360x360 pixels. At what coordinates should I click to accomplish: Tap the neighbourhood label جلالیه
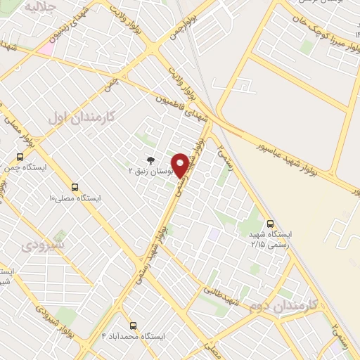[41, 6]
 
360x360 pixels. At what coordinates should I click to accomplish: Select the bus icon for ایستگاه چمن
[20, 157]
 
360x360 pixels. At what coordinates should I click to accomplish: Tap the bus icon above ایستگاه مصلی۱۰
[75, 187]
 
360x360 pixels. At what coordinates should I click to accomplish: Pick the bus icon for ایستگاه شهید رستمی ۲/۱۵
[272, 221]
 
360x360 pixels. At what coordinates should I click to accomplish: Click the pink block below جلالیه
[46, 49]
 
